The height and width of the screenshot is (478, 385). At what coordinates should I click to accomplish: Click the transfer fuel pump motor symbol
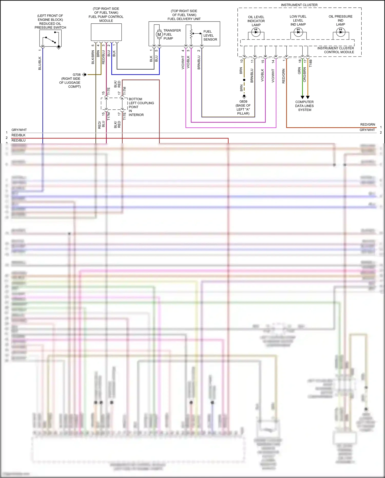coord(159,34)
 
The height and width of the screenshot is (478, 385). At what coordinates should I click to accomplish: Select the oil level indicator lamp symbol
coord(256,32)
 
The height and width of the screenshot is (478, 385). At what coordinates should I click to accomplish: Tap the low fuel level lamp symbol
coord(298,32)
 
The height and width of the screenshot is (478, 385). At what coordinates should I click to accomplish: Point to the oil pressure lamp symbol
coord(341,32)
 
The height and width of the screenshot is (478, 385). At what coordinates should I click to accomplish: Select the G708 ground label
coord(76,75)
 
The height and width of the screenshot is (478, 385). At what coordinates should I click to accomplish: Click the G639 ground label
coord(243,101)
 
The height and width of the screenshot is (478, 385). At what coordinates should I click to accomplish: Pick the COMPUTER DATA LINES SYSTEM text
coord(304,106)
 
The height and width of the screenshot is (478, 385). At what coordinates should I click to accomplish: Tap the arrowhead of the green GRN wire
coord(302,97)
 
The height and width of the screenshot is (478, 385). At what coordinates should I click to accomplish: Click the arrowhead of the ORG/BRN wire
coord(308,97)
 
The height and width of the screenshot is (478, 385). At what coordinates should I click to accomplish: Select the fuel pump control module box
coord(106,32)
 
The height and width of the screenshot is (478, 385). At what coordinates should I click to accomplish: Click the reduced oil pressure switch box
coord(50,38)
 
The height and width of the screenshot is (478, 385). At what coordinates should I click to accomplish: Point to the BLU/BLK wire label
coord(40,63)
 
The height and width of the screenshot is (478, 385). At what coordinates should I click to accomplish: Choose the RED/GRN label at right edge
coord(367,125)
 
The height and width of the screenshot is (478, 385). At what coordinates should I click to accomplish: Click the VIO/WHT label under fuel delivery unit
coord(183,63)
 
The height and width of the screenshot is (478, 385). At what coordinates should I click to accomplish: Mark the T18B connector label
coord(310,63)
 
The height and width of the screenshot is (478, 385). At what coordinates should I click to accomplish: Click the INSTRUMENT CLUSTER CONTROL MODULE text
coord(335,50)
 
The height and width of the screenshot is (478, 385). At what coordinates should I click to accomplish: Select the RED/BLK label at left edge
coord(18,135)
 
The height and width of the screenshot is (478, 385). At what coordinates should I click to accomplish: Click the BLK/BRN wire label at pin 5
coord(93,57)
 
